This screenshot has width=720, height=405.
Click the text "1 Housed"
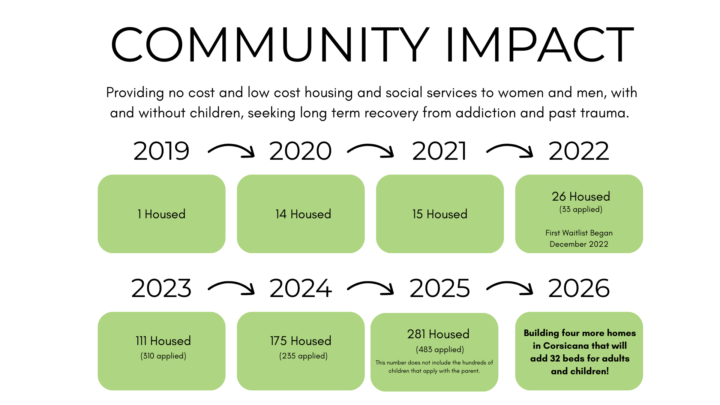161,214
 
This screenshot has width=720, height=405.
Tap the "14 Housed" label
303,214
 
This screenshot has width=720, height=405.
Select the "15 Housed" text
439,214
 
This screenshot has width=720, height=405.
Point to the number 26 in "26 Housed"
559,196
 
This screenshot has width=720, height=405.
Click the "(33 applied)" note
580,209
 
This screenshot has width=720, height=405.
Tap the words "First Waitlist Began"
579,233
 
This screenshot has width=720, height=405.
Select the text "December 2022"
579,244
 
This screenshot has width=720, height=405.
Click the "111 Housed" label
163,341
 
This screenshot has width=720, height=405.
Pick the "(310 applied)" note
163,356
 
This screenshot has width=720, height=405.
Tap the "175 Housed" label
300,341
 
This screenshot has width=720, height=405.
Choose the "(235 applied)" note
303,356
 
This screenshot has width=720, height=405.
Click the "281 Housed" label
438,334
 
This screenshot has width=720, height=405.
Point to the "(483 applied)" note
439,349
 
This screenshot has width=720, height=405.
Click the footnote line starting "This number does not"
434,363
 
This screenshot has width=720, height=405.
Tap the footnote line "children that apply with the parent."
434,371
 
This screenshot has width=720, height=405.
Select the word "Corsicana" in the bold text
566,346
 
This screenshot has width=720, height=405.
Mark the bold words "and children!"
580,371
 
